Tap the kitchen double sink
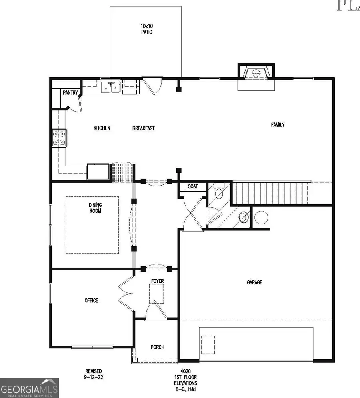click(x=111, y=87)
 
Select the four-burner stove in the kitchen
click(x=58, y=138)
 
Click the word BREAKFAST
click(x=143, y=128)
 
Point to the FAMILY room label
click(x=278, y=125)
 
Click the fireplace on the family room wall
click(x=256, y=73)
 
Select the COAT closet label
click(x=193, y=186)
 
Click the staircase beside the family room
click(x=272, y=192)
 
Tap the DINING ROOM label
click(x=95, y=208)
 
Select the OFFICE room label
click(x=91, y=300)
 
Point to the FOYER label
click(x=157, y=281)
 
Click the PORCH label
click(x=157, y=347)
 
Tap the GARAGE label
click(x=254, y=282)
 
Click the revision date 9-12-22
click(x=93, y=377)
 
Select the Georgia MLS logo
click(x=29, y=388)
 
